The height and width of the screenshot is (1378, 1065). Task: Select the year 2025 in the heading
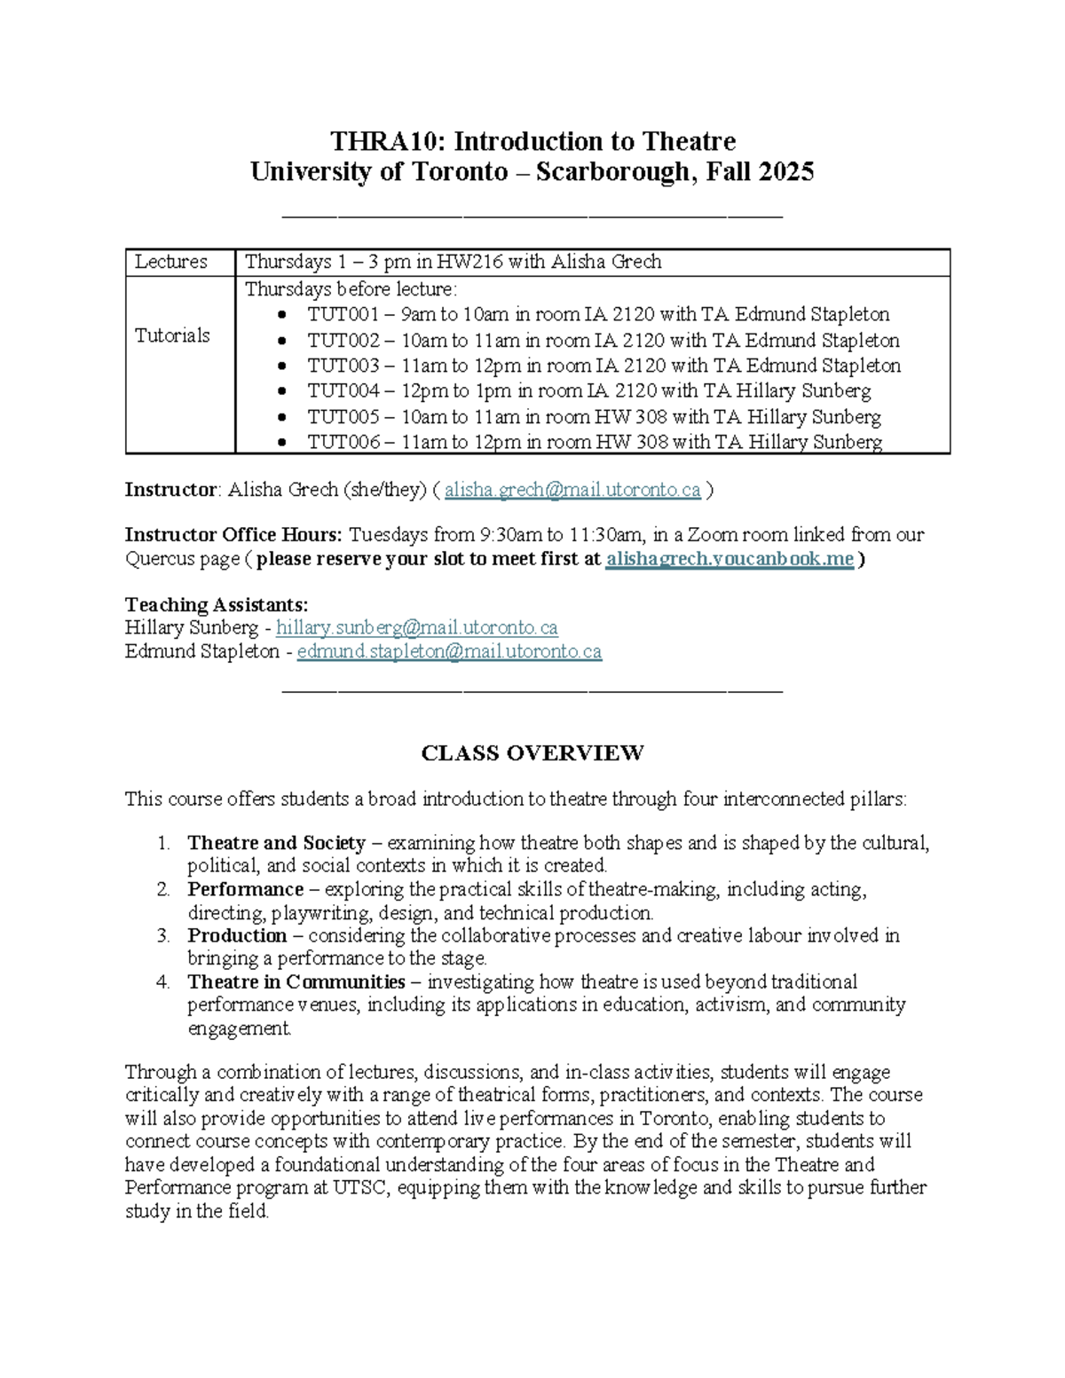click(x=785, y=171)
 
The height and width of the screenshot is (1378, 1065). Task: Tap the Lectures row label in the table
click(x=171, y=262)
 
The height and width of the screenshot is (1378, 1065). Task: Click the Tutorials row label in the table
click(x=172, y=335)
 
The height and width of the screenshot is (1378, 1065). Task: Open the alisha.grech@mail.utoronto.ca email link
click(x=572, y=490)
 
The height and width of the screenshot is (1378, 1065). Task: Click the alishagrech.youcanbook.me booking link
click(x=730, y=559)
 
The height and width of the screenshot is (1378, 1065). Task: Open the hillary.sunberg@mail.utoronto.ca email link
click(x=417, y=628)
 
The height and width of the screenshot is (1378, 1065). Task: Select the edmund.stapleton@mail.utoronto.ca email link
click(x=449, y=651)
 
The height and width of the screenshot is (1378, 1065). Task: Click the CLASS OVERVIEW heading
click(x=532, y=753)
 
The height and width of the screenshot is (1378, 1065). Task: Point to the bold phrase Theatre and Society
click(x=276, y=843)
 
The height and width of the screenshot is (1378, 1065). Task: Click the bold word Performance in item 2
click(x=245, y=889)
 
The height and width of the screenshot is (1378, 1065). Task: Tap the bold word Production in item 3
click(x=237, y=935)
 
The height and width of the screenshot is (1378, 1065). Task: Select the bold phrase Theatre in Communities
click(x=296, y=981)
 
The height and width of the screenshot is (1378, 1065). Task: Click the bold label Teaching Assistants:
click(x=217, y=605)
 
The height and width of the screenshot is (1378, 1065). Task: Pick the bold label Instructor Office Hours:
click(x=233, y=535)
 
